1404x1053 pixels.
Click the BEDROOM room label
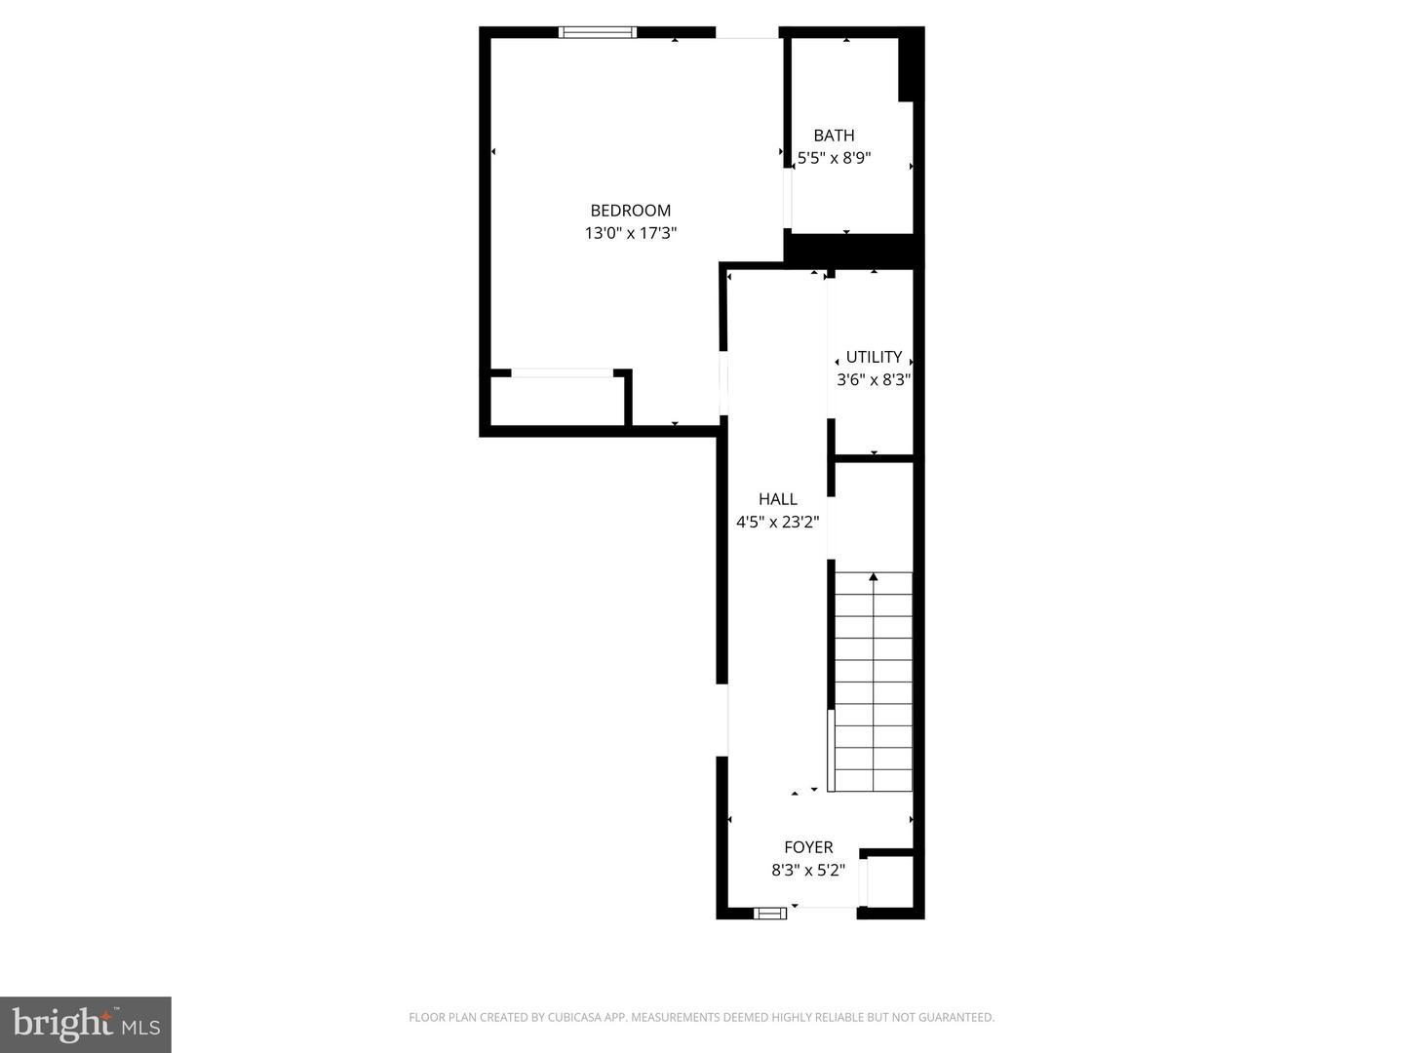(x=630, y=211)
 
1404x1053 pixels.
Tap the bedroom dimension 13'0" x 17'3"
(x=630, y=234)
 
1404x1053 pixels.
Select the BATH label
(x=834, y=136)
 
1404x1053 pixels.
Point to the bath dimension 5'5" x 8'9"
(x=834, y=158)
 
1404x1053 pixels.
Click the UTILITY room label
(x=874, y=357)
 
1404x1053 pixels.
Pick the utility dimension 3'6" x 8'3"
(x=874, y=380)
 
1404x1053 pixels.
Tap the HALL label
(x=777, y=499)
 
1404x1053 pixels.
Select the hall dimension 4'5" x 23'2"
(x=777, y=523)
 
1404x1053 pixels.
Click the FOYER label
(x=808, y=847)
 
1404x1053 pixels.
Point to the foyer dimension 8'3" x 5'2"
(x=808, y=871)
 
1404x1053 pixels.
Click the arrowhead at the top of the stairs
(x=874, y=577)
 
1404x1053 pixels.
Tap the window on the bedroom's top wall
(x=598, y=32)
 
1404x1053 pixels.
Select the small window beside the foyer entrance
(x=770, y=914)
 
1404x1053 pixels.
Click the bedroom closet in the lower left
(x=557, y=401)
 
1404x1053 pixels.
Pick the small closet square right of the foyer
(x=890, y=881)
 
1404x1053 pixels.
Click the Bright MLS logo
(x=86, y=1024)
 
